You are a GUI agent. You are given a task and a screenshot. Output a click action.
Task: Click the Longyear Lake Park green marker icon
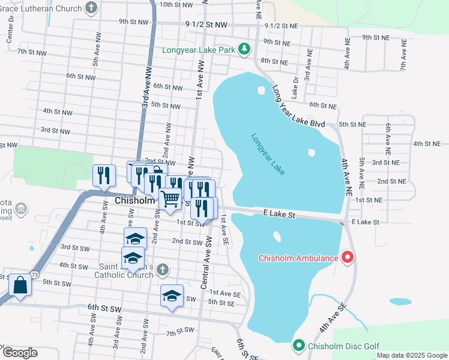click(244, 49)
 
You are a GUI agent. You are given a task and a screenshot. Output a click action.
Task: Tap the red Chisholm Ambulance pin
click(347, 258)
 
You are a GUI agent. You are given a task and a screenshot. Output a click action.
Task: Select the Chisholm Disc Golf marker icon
click(299, 346)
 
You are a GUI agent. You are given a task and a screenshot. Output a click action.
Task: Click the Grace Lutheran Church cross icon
click(91, 8)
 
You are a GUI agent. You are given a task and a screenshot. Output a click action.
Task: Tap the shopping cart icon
click(170, 198)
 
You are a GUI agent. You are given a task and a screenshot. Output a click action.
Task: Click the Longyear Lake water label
click(268, 154)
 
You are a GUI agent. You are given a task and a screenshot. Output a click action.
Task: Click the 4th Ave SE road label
click(333, 319)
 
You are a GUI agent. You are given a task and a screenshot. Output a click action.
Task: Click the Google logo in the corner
click(19, 352)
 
